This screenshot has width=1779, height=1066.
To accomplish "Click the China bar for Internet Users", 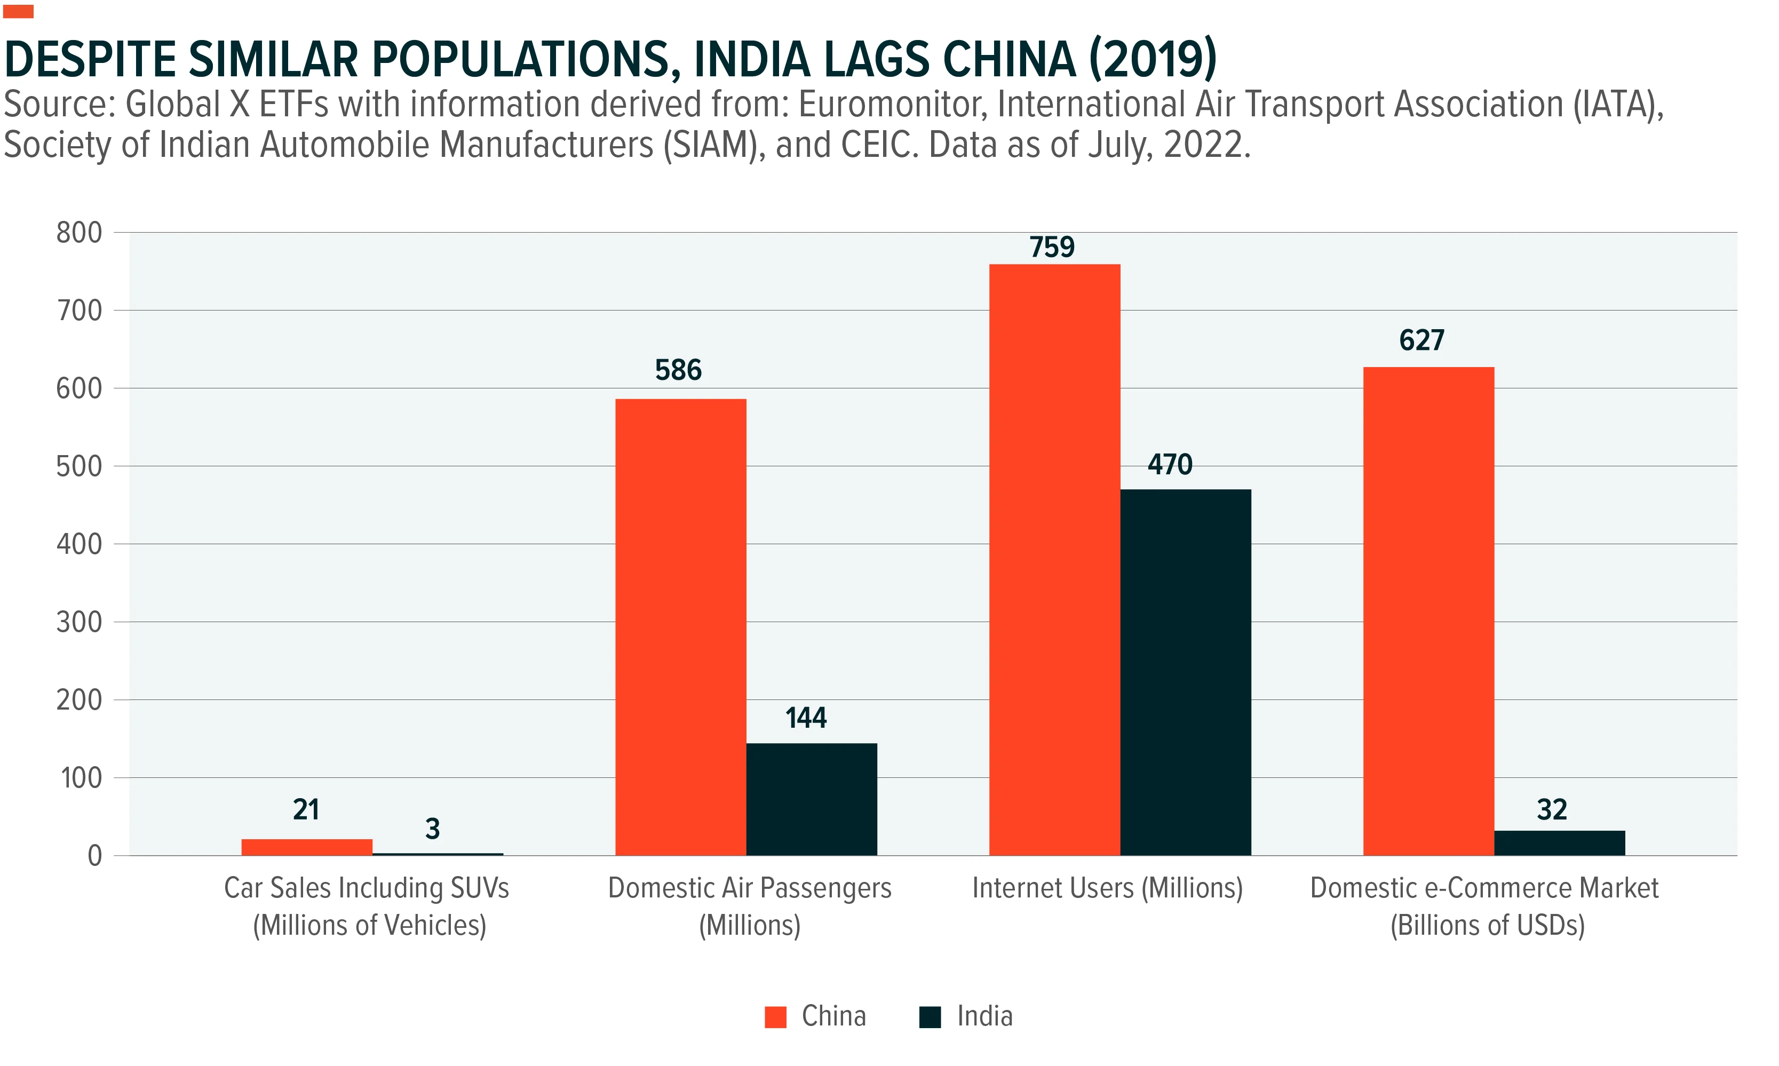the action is pyautogui.click(x=1054, y=560).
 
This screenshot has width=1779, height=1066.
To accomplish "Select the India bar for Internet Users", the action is pyautogui.click(x=1185, y=672).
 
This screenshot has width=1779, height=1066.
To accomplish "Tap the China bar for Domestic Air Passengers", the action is pyautogui.click(x=681, y=627).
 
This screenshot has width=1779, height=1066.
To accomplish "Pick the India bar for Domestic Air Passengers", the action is pyautogui.click(x=812, y=799).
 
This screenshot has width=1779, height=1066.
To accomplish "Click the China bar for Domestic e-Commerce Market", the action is pyautogui.click(x=1428, y=611).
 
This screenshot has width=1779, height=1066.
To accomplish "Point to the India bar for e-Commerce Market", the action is pyautogui.click(x=1560, y=844).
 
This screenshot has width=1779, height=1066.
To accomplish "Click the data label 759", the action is pyautogui.click(x=1052, y=247).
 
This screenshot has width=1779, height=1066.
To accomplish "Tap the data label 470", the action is pyautogui.click(x=1170, y=465).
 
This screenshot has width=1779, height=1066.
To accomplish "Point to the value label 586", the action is pyautogui.click(x=678, y=370).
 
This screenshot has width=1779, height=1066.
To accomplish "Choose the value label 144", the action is pyautogui.click(x=806, y=718).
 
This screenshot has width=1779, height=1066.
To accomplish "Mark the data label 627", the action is pyautogui.click(x=1421, y=340).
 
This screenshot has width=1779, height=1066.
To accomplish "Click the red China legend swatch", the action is pyautogui.click(x=776, y=1017).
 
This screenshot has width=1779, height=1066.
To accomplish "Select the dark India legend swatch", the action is pyautogui.click(x=930, y=1017).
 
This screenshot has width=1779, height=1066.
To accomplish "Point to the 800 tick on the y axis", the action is pyautogui.click(x=79, y=233).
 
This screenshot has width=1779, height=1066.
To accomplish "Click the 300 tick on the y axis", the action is pyautogui.click(x=79, y=622).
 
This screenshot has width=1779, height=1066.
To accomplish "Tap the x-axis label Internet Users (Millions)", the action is pyautogui.click(x=1108, y=888).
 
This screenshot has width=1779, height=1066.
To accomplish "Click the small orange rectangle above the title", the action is pyautogui.click(x=18, y=12).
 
